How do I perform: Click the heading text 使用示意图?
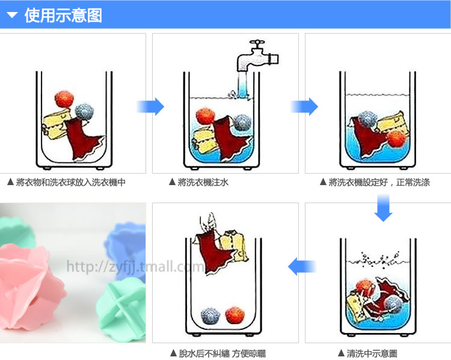pyautogui.click(x=63, y=15)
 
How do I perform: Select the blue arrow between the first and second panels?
pyautogui.click(x=150, y=106)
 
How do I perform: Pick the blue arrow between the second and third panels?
pyautogui.click(x=304, y=106)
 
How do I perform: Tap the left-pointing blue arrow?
pyautogui.click(x=302, y=266)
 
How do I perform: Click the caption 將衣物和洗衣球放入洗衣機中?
pyautogui.click(x=70, y=182)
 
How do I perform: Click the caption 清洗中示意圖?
pyautogui.click(x=371, y=353)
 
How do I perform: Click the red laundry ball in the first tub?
pyautogui.click(x=63, y=99)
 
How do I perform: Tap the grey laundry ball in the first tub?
pyautogui.click(x=83, y=112)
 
